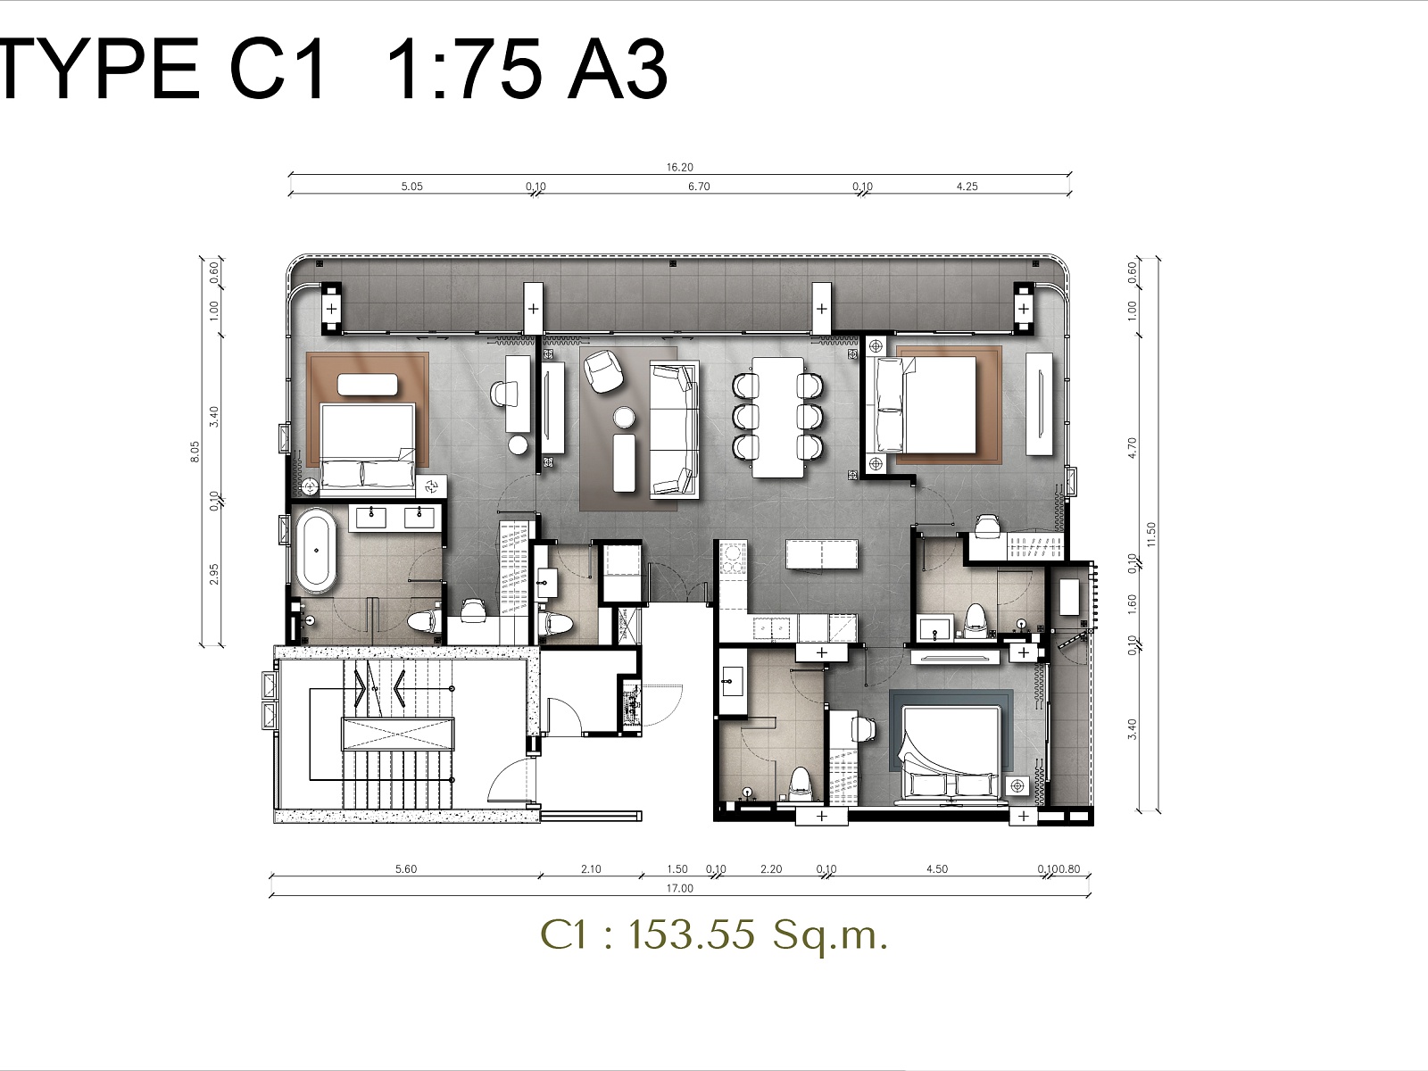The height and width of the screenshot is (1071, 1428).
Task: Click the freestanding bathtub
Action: (x=317, y=551)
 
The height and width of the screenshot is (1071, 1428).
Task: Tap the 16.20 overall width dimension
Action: (x=679, y=167)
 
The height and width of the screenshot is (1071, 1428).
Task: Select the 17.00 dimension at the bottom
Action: (x=679, y=888)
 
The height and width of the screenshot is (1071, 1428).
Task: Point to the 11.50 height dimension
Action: (x=1150, y=534)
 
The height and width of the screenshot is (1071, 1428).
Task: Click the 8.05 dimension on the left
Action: (x=195, y=452)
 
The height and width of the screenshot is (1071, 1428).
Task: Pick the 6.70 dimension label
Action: (x=699, y=187)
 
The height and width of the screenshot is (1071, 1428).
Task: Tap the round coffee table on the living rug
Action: (x=624, y=418)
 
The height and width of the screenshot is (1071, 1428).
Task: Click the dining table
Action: (x=777, y=417)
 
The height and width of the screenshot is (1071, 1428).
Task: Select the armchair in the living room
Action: (x=603, y=371)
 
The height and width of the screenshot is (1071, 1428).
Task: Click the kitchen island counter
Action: (x=821, y=555)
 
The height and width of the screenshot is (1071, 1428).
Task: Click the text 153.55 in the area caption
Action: (x=692, y=934)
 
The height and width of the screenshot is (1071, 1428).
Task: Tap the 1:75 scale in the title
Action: (x=463, y=69)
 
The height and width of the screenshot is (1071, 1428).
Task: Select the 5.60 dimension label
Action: (x=406, y=868)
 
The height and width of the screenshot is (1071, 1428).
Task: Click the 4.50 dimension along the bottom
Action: (x=937, y=868)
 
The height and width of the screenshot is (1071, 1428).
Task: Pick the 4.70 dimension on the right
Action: (x=1132, y=448)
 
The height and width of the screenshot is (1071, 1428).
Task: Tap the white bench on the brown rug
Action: (x=368, y=385)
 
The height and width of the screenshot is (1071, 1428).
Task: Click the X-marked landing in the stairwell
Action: (x=397, y=735)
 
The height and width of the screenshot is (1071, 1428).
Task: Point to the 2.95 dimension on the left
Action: (x=213, y=574)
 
